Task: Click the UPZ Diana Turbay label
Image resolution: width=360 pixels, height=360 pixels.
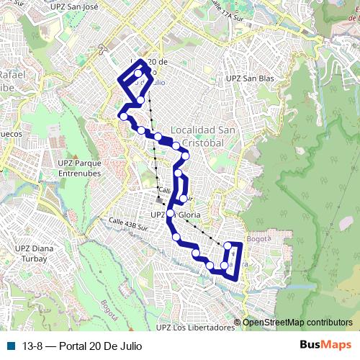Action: [37, 253]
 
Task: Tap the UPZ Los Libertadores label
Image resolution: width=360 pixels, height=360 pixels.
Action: [195, 328]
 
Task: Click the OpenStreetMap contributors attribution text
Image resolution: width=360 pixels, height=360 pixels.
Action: [297, 323]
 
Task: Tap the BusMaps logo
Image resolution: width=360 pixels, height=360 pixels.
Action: [330, 345]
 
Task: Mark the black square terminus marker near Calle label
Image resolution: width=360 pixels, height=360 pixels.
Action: [159, 199]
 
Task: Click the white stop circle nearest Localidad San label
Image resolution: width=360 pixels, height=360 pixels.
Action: [176, 146]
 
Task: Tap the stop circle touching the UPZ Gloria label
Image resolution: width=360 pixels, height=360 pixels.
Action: [171, 214]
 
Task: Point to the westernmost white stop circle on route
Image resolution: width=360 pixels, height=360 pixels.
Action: [124, 116]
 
